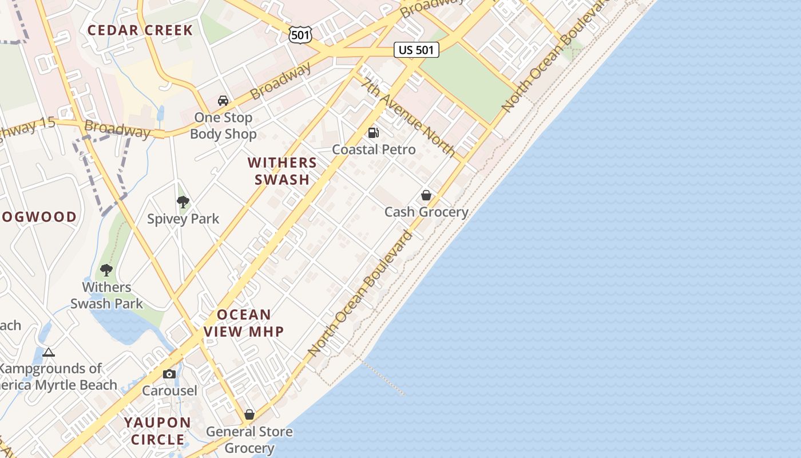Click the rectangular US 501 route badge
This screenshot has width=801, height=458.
point(417,50)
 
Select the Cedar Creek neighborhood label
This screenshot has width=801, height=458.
point(140,30)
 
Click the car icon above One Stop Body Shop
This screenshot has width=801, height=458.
point(223,101)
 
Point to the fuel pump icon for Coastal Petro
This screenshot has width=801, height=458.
point(374,133)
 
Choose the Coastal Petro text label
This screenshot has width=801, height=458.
point(374,149)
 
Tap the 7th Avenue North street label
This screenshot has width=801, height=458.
point(408,117)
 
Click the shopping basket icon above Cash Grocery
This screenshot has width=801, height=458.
point(426,195)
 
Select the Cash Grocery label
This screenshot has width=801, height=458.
point(426,212)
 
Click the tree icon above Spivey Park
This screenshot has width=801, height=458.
point(183,202)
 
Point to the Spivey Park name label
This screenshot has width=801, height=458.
point(183,219)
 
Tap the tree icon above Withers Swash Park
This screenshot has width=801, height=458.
point(106,270)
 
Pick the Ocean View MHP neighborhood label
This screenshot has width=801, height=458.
point(244,323)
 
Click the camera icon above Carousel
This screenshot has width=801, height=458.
point(169,374)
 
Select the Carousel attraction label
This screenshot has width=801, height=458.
point(169,391)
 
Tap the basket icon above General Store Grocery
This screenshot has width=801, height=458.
point(249,414)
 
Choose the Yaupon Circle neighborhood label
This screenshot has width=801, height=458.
point(158,431)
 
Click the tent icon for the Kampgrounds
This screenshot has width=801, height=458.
point(49,352)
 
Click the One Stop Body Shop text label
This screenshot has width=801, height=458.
point(223,126)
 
